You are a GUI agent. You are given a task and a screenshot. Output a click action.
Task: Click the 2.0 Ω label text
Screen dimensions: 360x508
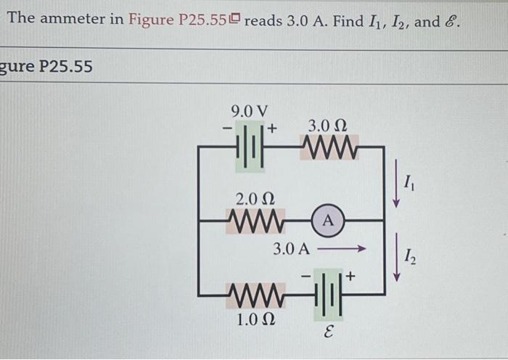pos(255,198)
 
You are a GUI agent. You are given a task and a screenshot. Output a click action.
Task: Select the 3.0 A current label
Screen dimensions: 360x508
pos(292,250)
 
